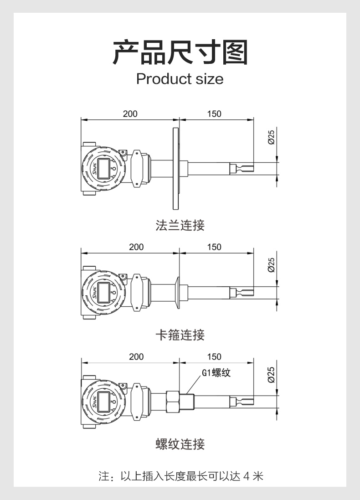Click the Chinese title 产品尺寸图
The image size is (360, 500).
[x=180, y=52]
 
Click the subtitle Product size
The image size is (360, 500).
[x=180, y=79]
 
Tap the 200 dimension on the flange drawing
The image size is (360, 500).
[x=130, y=114]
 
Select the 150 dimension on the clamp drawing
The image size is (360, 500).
[x=214, y=247]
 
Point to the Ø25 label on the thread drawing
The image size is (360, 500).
[x=271, y=375]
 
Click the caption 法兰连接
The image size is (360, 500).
[x=180, y=225]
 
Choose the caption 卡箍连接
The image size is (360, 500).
[x=180, y=335]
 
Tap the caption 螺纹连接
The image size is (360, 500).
[x=180, y=444]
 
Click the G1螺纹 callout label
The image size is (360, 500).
[x=216, y=372]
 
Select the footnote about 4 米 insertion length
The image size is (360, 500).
[x=181, y=476]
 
